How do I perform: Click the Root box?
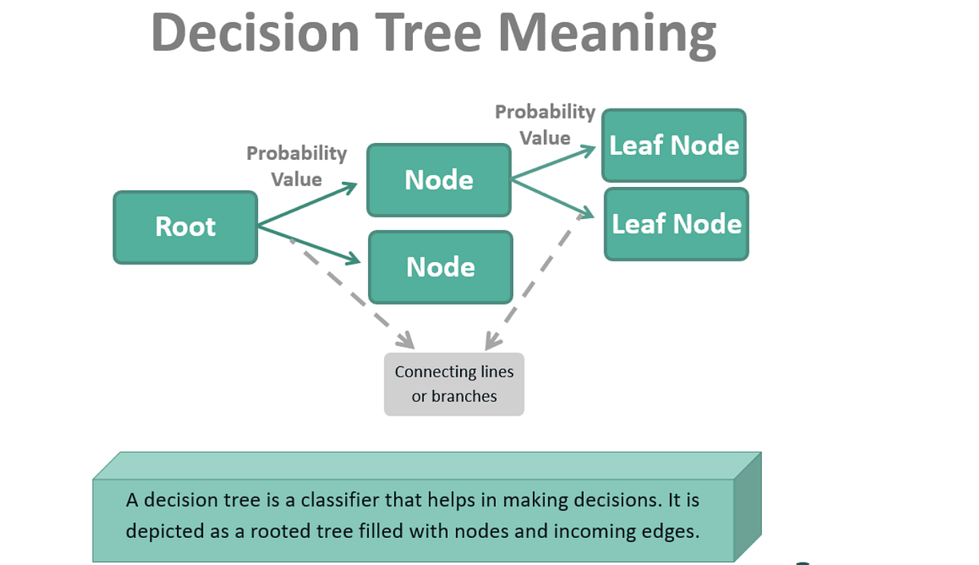pos(185,227)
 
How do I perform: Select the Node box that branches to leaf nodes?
pos(439,180)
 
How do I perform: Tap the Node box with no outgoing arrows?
pos(441,267)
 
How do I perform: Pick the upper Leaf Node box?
pos(674,145)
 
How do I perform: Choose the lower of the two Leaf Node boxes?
pos(676,225)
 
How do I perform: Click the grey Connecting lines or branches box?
pos(454,384)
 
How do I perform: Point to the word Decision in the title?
pos(255,34)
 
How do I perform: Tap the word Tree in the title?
pos(429,34)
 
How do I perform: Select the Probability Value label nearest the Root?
pos(296,166)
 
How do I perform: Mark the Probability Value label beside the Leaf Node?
pos(545,124)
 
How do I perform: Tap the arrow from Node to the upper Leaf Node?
pos(552,164)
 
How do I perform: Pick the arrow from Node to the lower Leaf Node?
pos(552,198)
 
